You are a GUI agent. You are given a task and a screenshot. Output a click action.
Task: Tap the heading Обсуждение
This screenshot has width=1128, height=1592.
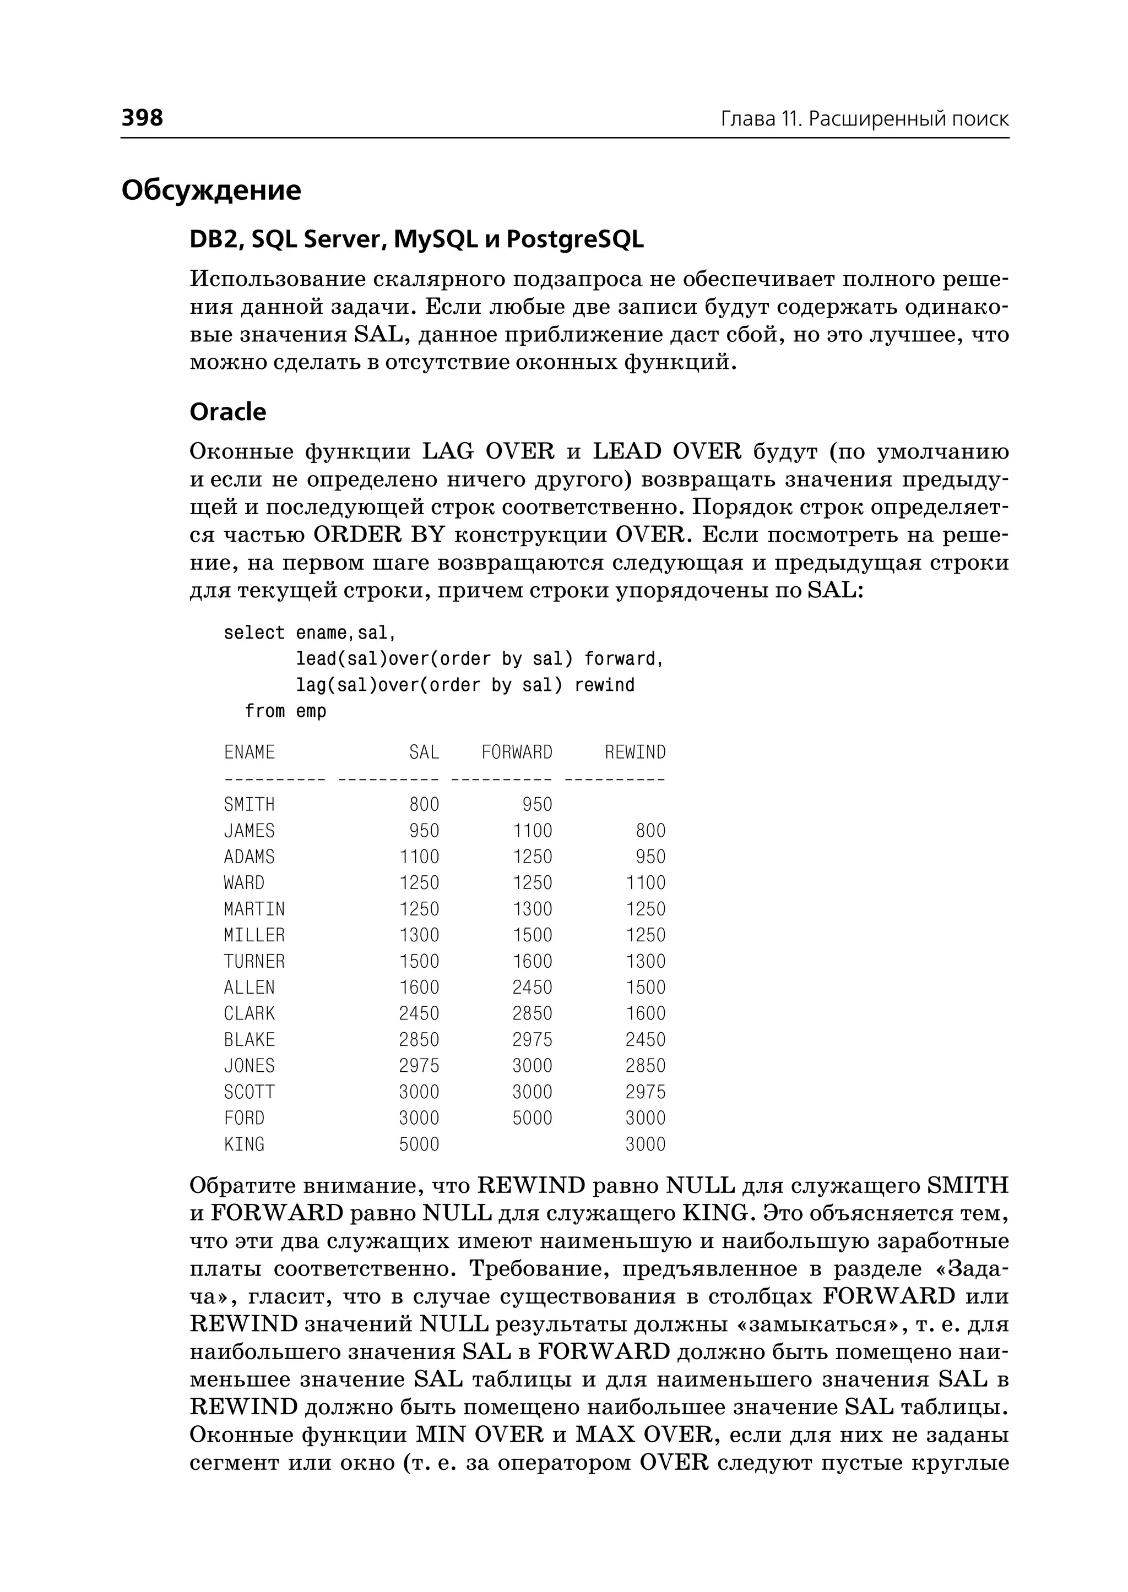click(x=211, y=190)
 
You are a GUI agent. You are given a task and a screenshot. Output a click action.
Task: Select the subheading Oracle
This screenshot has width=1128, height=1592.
click(x=228, y=412)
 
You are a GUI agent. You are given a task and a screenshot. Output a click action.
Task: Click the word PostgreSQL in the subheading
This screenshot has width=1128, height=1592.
click(x=574, y=239)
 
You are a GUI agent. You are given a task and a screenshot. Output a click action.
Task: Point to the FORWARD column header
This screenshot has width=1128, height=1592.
click(x=517, y=753)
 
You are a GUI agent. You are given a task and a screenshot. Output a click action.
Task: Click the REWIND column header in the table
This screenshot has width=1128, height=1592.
click(x=635, y=753)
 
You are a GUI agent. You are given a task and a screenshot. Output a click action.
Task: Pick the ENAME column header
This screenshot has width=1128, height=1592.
click(x=250, y=753)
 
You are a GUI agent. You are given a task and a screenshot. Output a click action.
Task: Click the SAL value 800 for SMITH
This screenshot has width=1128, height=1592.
click(x=424, y=805)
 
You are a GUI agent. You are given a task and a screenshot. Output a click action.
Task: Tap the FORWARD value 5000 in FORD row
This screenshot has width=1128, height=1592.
click(x=532, y=1119)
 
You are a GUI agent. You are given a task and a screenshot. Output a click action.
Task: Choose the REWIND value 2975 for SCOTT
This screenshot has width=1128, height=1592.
click(x=646, y=1092)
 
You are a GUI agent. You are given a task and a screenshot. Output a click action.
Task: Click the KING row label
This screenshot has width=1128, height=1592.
click(x=244, y=1144)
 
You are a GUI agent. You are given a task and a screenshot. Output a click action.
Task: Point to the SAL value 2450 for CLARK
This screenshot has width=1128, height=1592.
click(x=419, y=1013)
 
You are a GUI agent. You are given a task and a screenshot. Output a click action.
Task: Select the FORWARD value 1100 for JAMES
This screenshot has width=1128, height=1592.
click(x=532, y=831)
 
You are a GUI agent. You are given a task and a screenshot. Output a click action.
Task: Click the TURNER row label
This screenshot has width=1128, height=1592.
click(x=254, y=962)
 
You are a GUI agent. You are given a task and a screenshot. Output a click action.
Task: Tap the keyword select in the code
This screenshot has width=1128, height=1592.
click(x=254, y=633)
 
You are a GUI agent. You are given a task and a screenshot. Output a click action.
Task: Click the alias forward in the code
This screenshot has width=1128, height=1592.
click(x=623, y=659)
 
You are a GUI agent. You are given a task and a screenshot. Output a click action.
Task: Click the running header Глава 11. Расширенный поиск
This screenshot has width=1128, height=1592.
click(x=864, y=119)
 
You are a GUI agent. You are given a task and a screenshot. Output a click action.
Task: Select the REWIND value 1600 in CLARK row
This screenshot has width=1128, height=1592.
click(x=646, y=1013)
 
